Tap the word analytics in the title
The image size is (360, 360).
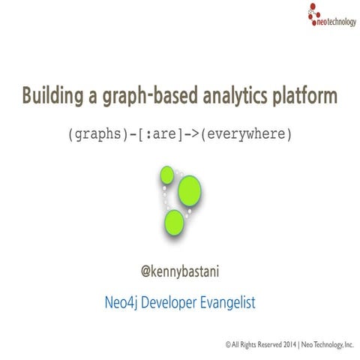[x=229, y=97]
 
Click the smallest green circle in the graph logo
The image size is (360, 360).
[x=166, y=175]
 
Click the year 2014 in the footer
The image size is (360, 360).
[x=286, y=343]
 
